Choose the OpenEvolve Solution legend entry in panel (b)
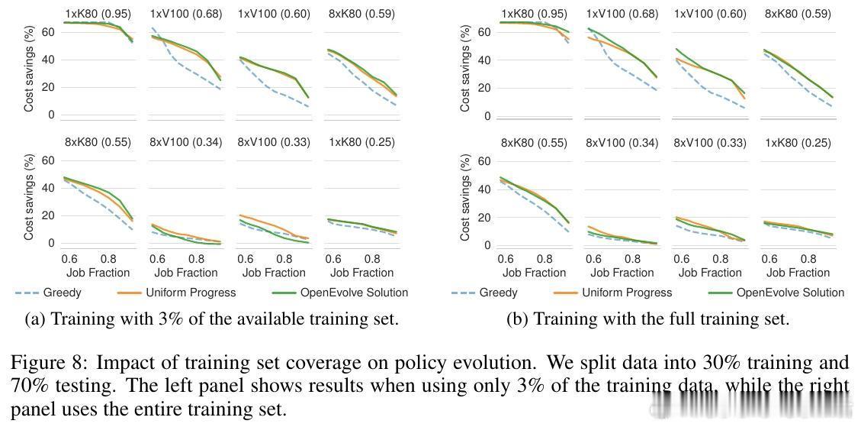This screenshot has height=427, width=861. click(790, 293)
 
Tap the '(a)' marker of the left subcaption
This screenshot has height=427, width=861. click(36, 319)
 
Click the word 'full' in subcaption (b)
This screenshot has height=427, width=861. click(667, 319)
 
